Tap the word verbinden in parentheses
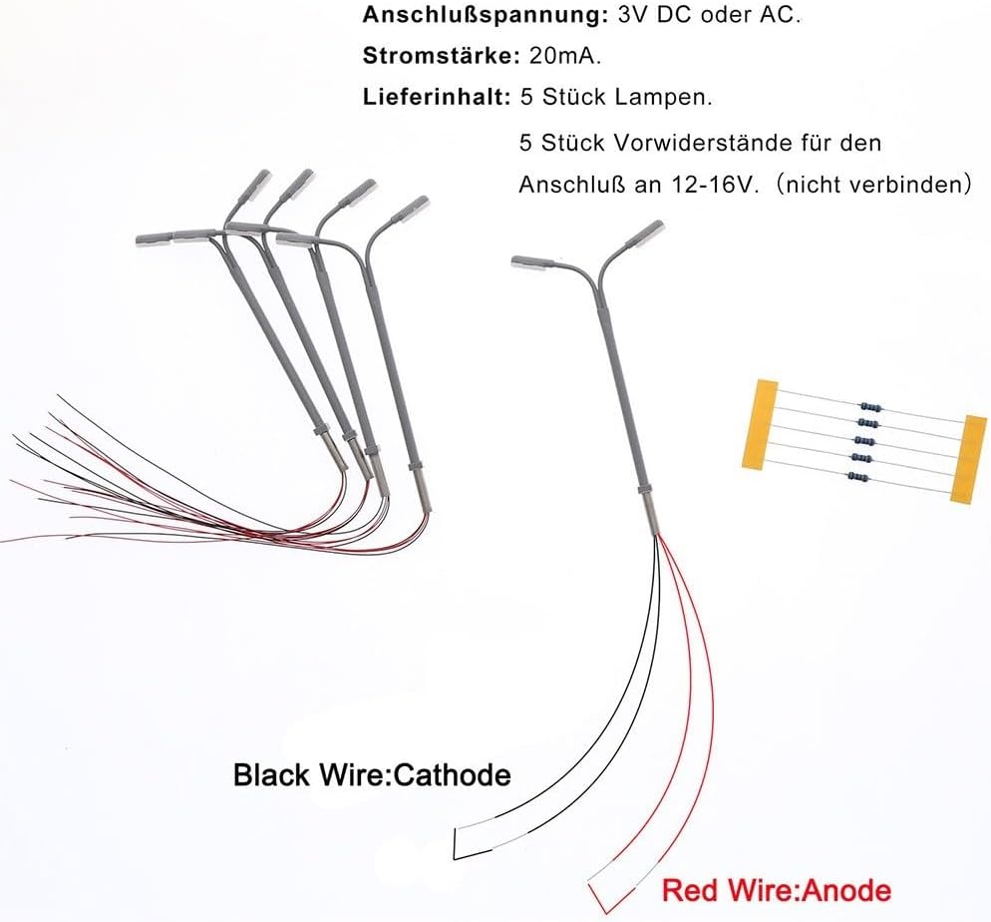point(912,185)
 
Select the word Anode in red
point(850,889)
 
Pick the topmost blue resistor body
point(870,406)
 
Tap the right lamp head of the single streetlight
point(644,232)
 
